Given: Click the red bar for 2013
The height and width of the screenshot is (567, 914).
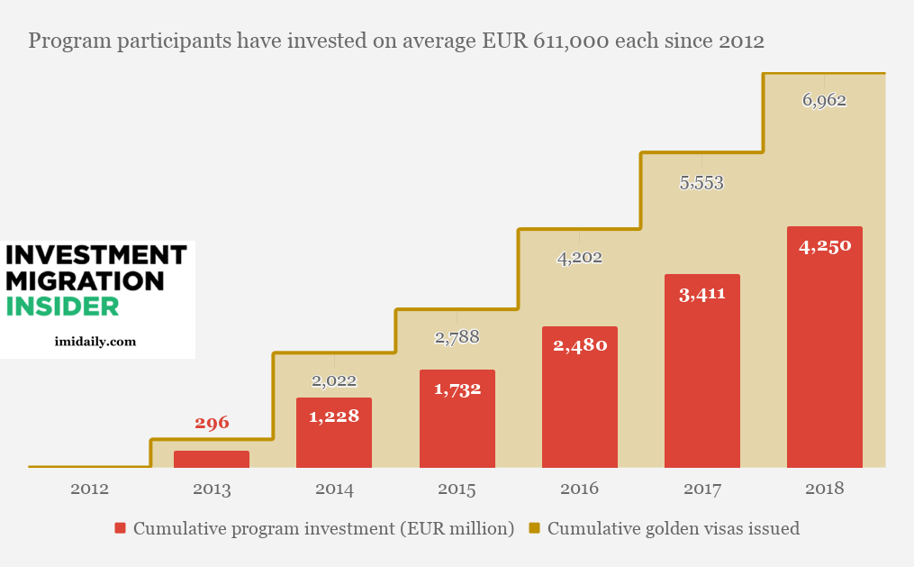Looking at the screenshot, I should click(212, 459).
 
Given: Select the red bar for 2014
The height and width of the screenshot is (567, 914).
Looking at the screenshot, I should click(334, 433).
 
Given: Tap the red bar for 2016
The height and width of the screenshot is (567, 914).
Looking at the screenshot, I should click(579, 397).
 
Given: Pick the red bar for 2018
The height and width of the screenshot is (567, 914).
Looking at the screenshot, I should click(824, 347).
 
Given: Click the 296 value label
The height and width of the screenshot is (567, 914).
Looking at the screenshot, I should click(212, 422).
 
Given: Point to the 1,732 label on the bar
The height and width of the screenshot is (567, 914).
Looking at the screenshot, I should click(457, 389).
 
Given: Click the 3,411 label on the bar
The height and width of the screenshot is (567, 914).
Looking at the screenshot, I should click(701, 293).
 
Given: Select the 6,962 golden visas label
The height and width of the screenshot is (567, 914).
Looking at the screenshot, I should click(824, 100).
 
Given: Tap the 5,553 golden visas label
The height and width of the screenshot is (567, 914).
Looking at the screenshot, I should click(701, 183).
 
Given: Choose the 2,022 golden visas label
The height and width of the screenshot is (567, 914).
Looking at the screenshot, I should click(334, 381).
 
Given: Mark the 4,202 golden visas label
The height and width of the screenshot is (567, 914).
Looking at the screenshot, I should click(579, 258).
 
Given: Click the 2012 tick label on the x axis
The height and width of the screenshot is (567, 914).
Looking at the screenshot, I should click(89, 489).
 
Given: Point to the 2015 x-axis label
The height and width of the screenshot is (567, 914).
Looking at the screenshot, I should click(457, 489).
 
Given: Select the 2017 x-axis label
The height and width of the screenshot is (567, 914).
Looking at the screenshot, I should click(701, 489).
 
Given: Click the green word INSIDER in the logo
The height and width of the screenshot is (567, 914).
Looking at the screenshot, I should click(62, 306).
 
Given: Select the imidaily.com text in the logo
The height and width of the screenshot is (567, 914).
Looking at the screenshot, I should click(95, 342).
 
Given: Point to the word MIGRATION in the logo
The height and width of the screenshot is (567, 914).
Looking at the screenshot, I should click(86, 280).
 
